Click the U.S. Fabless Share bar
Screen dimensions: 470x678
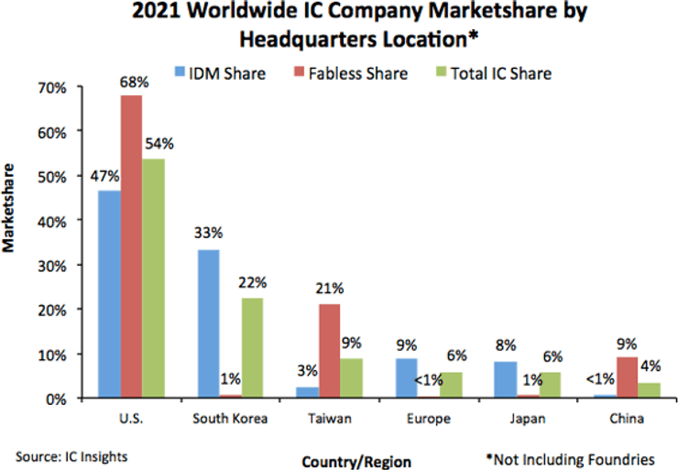click(130, 246)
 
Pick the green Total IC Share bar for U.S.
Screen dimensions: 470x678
click(153, 279)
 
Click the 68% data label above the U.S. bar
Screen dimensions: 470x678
click(130, 81)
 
